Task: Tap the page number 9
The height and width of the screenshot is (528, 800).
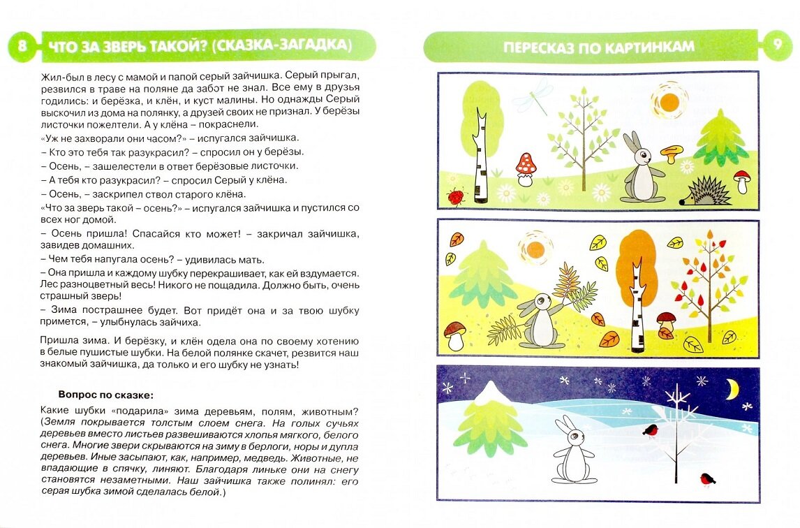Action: pyautogui.click(x=777, y=46)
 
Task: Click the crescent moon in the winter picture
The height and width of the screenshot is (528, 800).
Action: pyautogui.click(x=732, y=388)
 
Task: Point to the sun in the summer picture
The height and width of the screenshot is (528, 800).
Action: pyautogui.click(x=669, y=101)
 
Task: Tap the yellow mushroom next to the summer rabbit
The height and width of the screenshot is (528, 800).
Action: pyautogui.click(x=673, y=152)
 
